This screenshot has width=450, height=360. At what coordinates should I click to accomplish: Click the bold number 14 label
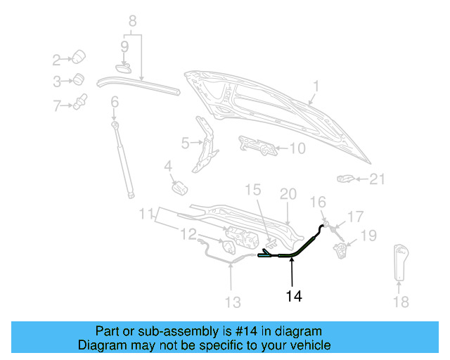tap(294, 297)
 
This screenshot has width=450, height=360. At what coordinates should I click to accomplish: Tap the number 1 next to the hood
tap(316, 86)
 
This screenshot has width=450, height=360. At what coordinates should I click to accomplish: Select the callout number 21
tap(378, 180)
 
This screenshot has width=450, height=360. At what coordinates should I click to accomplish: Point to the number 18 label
tap(400, 302)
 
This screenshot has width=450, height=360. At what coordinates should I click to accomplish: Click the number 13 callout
tap(232, 302)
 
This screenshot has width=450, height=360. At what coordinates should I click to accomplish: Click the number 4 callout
tap(168, 167)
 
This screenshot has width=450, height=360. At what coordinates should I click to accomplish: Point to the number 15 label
tap(252, 190)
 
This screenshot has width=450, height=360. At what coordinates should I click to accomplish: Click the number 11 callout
tap(146, 213)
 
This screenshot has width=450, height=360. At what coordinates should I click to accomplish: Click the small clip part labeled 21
tap(345, 179)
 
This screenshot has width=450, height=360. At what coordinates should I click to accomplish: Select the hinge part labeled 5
tap(205, 144)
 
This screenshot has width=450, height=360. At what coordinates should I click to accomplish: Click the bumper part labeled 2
tap(79, 56)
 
